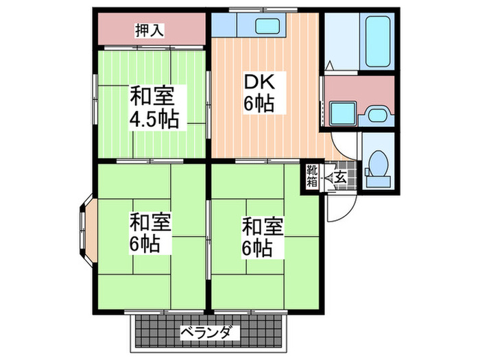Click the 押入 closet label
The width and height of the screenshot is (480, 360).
point(149,30)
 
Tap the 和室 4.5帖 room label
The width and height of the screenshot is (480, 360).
point(154,107)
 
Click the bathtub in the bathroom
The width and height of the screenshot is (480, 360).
point(377,40)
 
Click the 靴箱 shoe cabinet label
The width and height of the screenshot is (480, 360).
point(313,176)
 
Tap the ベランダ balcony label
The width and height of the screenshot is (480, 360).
point(206,334)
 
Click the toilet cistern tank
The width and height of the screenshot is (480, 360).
point(376,180)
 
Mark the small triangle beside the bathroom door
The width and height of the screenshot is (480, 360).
point(330,66)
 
